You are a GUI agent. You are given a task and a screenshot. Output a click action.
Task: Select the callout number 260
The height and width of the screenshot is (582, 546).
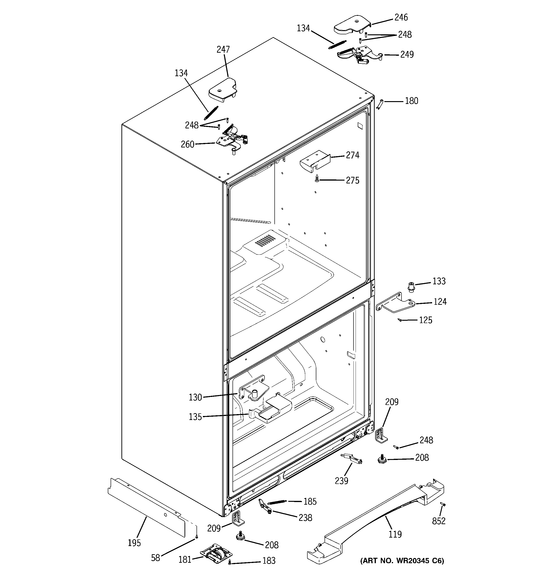[188, 144]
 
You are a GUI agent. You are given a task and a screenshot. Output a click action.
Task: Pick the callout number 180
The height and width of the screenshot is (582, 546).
[411, 101]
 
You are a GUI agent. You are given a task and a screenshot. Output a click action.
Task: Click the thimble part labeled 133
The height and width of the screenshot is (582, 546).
[411, 287]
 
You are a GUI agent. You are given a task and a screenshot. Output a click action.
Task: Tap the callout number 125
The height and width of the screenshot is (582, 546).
[425, 320]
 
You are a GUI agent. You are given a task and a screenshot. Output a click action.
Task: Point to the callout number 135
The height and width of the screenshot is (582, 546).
[195, 417]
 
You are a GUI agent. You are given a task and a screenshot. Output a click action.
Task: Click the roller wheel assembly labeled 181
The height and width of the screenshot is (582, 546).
[216, 553]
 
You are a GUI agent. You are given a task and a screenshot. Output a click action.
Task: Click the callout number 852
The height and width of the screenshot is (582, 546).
[438, 521]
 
